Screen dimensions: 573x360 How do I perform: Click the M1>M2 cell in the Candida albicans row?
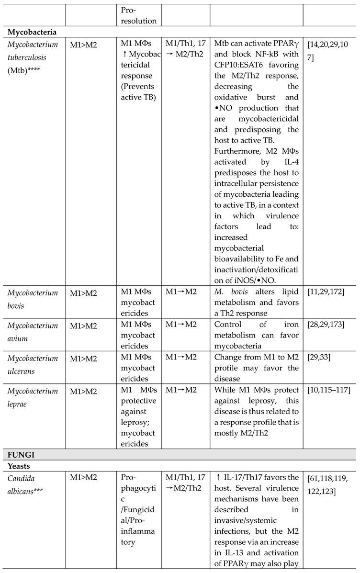pos(83,477)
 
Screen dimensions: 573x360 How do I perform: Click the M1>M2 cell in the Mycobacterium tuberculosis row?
pos(83,45)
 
